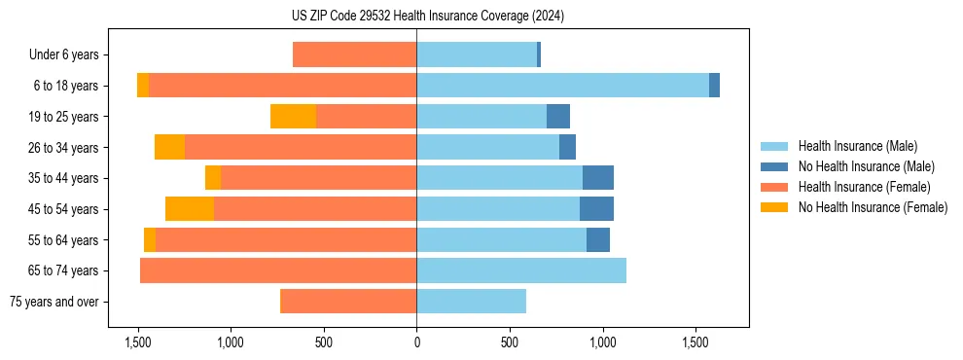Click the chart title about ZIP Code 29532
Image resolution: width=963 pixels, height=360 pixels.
tap(427, 16)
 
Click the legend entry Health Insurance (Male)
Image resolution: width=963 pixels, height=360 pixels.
tap(857, 146)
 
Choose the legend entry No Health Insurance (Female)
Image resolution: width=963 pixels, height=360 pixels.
tap(873, 207)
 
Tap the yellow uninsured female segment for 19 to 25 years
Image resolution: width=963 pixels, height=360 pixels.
tap(293, 117)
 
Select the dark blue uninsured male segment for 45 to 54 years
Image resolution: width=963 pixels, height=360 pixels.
tap(596, 209)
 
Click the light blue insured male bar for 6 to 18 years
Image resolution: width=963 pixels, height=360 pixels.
tap(562, 86)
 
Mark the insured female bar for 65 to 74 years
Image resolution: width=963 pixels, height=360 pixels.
tap(278, 270)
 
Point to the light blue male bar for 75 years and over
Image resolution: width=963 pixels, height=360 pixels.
tap(471, 302)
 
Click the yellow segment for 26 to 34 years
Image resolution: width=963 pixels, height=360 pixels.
tap(169, 147)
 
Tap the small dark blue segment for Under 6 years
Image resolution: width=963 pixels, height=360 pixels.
tap(539, 54)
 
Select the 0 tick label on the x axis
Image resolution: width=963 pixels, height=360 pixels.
tap(416, 342)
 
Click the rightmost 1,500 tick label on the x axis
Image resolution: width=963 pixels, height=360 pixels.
tap(695, 342)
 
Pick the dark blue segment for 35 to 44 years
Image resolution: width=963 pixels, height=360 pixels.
tap(598, 178)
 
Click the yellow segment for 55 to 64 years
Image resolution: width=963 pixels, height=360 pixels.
tap(150, 240)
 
